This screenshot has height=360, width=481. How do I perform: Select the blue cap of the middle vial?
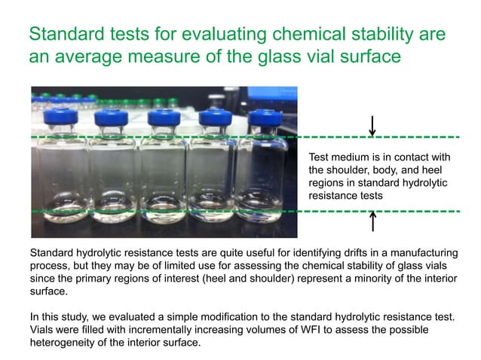click(x=162, y=118)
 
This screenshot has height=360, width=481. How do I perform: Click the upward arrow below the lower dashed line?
click(x=372, y=222)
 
